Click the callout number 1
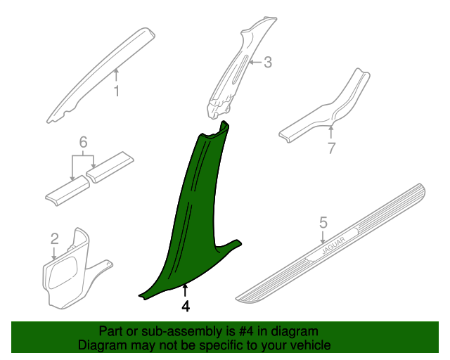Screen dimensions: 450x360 tap(117, 91)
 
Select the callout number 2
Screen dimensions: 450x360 tap(55, 239)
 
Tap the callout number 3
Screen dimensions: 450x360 tap(267, 63)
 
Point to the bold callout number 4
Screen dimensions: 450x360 tap(186, 307)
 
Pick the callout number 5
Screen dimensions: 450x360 tap(323, 223)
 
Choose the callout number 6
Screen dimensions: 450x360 tap(83, 142)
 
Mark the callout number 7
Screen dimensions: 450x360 tap(331, 148)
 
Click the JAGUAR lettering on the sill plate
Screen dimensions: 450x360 tap(333, 245)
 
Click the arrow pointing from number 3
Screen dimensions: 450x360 tap(255, 62)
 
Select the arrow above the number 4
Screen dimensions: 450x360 tap(186, 290)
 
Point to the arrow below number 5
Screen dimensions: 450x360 tap(323, 238)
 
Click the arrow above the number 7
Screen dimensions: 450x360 tap(331, 132)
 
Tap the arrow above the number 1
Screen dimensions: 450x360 tap(116, 75)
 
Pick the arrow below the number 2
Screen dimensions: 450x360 tap(54, 253)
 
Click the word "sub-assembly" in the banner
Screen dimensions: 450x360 tap(182, 332)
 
